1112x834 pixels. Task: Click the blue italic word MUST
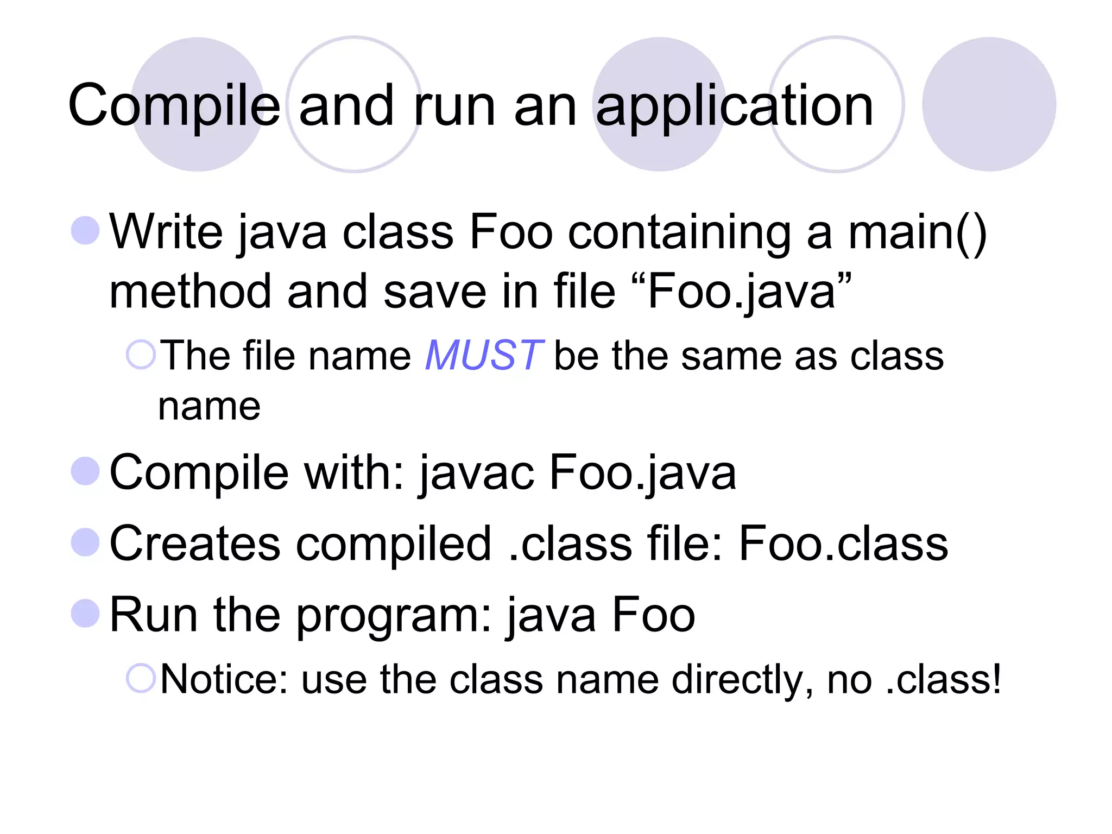tap(483, 356)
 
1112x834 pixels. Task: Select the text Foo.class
tap(843, 544)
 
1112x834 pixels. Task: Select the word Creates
tap(195, 544)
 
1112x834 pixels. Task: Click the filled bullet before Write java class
tap(85, 230)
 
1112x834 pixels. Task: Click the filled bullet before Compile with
tap(85, 471)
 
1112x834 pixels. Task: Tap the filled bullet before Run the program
tap(85, 614)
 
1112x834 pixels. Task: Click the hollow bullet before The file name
tap(141, 355)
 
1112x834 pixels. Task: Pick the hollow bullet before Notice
tap(141, 678)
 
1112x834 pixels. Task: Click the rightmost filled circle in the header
tap(989, 104)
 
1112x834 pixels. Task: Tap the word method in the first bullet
tap(190, 292)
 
